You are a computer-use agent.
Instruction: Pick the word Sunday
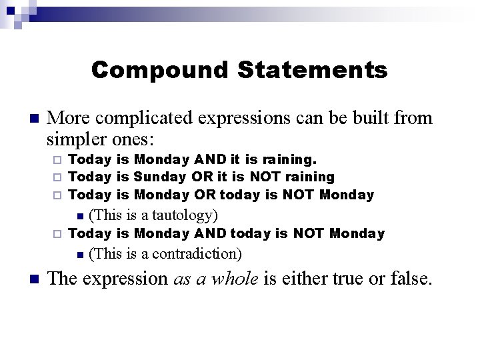click(x=161, y=177)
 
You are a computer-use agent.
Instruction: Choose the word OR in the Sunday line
click(x=202, y=177)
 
